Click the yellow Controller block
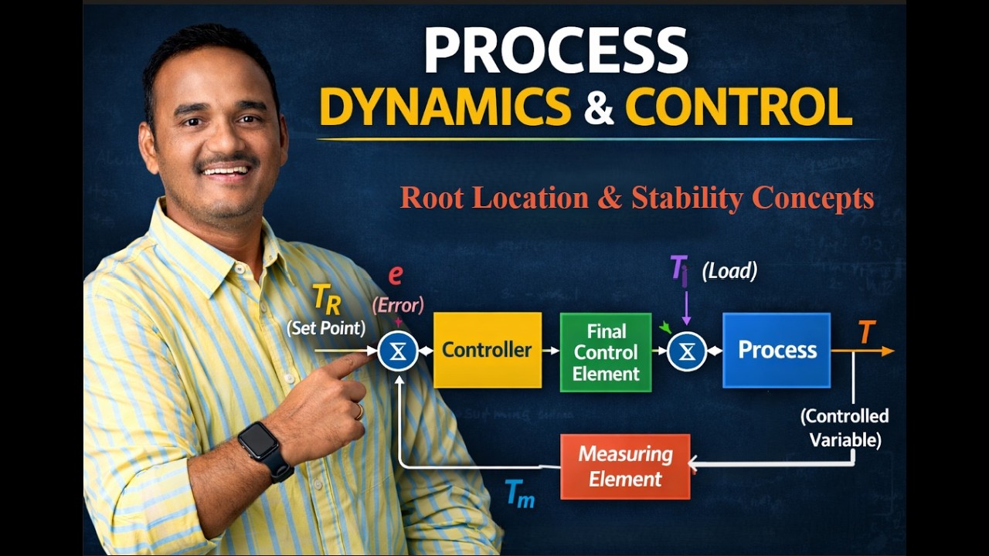487,350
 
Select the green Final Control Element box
606,352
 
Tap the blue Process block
777,350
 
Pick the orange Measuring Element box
625,466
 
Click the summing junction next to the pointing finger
398,351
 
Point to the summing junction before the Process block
687,352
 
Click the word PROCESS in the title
556,51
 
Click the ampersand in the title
598,107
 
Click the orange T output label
866,333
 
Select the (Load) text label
729,271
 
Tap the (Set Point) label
325,327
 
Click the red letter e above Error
396,275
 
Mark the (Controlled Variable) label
845,428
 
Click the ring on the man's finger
359,412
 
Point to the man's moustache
226,163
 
